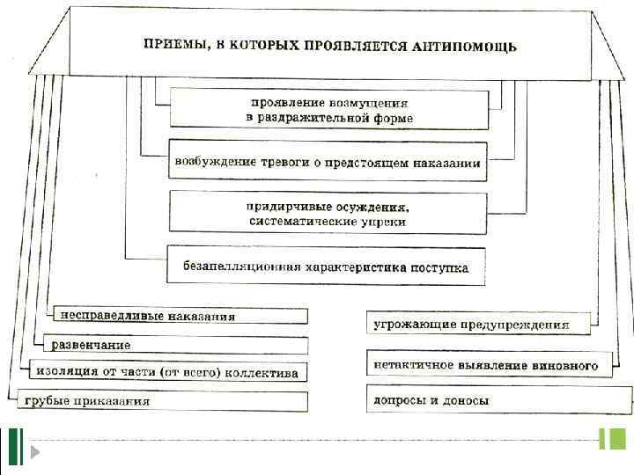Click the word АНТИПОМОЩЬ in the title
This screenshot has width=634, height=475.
tap(464, 46)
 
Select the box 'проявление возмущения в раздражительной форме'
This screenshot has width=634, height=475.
tap(328, 110)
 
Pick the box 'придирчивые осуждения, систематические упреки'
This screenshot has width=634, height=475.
tap(328, 213)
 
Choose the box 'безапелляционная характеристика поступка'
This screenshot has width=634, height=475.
tap(327, 266)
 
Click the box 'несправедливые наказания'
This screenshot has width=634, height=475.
tap(181, 316)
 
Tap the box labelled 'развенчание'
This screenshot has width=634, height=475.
tap(172, 344)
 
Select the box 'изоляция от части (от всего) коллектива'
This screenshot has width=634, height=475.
tap(167, 371)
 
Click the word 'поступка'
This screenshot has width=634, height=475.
tap(439, 266)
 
